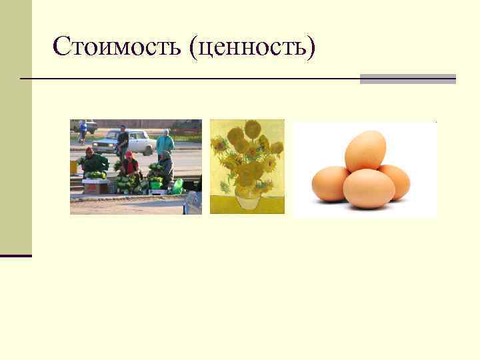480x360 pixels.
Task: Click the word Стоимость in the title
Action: [117, 46]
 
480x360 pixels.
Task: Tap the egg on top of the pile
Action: [365, 150]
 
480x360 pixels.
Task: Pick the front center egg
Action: [368, 189]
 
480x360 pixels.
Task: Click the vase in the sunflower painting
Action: [247, 197]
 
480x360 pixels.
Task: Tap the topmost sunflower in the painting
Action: [252, 128]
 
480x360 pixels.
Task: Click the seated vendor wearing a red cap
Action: [129, 165]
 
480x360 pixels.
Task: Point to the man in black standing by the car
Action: [122, 139]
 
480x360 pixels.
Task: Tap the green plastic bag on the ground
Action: [177, 186]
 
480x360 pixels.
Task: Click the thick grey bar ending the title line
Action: [407, 79]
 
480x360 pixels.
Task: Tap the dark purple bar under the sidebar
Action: [16, 255]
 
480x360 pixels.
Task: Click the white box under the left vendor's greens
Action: [93, 186]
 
